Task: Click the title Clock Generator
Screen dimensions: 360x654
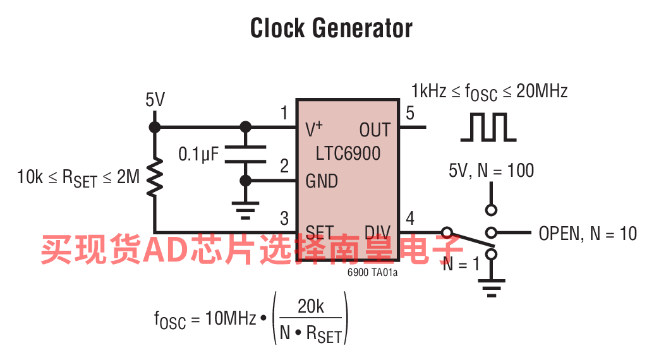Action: coord(331,28)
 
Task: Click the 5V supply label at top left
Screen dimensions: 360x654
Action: coord(155,100)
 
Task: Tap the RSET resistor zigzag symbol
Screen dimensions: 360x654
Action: coord(154,177)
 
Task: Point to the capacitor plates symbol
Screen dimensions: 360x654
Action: coord(246,153)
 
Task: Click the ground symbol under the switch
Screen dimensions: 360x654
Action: coord(490,287)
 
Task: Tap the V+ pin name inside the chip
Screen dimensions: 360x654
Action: coord(313,129)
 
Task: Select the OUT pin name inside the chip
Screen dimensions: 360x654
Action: coord(375,130)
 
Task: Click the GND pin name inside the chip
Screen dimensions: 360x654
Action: coord(321,181)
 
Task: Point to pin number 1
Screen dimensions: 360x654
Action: coord(284,114)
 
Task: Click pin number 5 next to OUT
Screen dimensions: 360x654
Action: coord(410,114)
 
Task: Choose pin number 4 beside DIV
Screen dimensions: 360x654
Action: coord(410,219)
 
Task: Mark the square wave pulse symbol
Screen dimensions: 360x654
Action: coord(488,127)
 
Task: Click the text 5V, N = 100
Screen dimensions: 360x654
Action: coord(491,171)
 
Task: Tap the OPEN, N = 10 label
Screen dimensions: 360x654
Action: coord(588,233)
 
